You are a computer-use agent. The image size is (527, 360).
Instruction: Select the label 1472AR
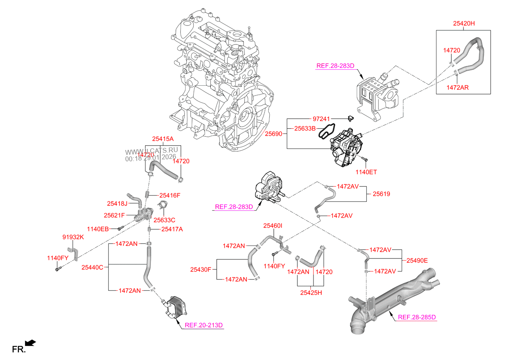tap(457, 87)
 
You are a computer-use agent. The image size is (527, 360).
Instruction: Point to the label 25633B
tap(304, 129)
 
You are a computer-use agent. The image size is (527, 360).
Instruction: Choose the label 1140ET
tap(366, 172)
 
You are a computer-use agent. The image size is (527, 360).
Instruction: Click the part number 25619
tap(381, 194)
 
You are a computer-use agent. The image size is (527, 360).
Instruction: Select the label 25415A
tap(163, 139)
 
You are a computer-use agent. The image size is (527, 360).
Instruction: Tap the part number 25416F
tap(169, 195)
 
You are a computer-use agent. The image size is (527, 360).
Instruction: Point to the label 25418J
tap(117, 203)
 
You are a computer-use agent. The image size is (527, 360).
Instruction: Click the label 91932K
tap(73, 237)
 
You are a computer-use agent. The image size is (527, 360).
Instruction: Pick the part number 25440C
tap(92, 267)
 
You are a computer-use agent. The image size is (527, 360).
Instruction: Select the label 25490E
tap(417, 260)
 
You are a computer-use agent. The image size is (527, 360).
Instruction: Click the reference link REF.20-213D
tap(204, 325)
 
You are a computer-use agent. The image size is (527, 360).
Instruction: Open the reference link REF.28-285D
tap(417, 317)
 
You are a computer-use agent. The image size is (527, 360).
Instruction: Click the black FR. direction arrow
tap(31, 343)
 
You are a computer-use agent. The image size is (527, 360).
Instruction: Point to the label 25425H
tap(311, 292)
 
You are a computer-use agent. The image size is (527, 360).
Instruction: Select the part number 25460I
tap(273, 225)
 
